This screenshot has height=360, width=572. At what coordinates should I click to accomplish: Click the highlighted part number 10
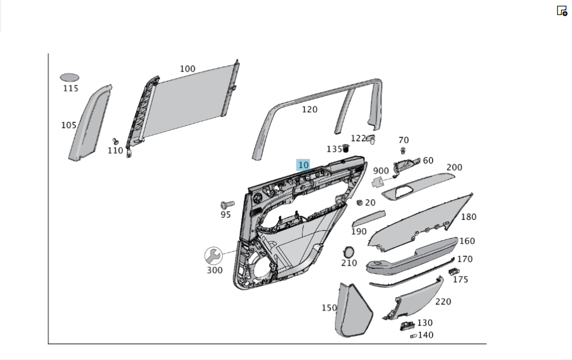coord(303,165)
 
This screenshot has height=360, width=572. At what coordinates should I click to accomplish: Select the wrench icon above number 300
coord(213,255)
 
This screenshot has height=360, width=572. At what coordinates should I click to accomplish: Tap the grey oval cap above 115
coord(70,77)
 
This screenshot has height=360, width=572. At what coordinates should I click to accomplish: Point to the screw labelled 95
coord(227,204)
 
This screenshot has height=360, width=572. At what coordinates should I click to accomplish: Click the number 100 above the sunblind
coord(188,69)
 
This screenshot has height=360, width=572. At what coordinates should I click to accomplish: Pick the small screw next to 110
coord(115,141)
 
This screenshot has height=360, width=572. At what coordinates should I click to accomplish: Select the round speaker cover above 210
coord(348,252)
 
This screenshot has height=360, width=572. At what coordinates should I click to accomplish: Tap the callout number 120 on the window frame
coord(309,109)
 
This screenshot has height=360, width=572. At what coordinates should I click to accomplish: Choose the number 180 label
coord(468,217)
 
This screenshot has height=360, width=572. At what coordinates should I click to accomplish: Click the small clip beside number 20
coord(360,203)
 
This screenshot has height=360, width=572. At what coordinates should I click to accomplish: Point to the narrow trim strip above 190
coord(368,218)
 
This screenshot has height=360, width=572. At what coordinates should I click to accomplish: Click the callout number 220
coord(443,302)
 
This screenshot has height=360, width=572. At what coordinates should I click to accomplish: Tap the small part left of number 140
coord(413,336)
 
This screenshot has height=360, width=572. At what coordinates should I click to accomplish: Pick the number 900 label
coord(381,171)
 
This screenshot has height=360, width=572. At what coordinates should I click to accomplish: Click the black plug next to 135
coord(345,149)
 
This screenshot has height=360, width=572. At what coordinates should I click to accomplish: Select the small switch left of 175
coord(454,271)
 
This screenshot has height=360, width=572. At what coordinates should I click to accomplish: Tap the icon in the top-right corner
coord(562,11)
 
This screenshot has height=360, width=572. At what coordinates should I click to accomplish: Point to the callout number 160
coord(467,241)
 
